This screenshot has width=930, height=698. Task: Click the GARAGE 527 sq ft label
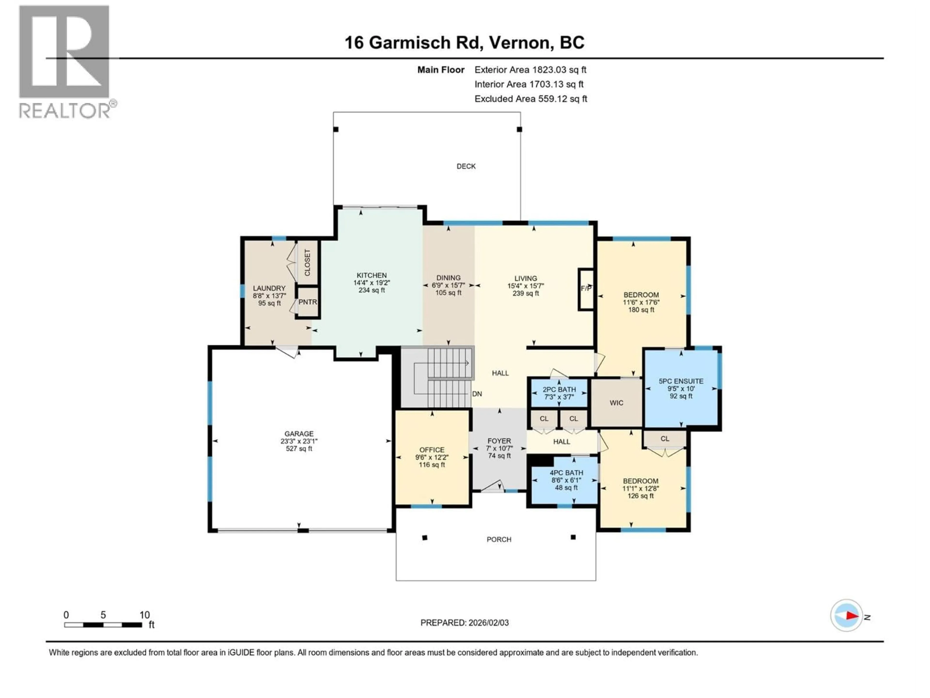299,441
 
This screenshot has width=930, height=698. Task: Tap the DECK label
466,167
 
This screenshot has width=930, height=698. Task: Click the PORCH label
499,539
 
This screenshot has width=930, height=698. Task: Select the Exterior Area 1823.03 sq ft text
530,70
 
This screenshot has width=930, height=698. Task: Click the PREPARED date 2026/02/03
464,623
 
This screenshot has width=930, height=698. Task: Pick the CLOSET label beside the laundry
307,262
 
